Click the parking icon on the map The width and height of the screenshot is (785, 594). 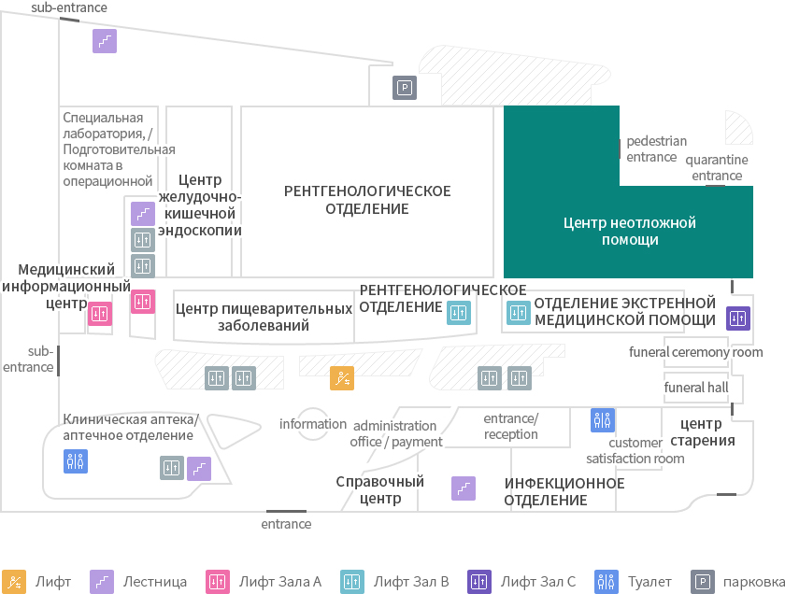coord(405,88)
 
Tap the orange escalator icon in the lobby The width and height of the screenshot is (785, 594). coord(342,378)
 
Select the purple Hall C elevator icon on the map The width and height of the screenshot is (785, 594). coord(738,318)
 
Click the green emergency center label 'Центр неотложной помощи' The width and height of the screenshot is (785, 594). coord(630,232)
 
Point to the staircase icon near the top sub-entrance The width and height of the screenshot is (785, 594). coord(105,41)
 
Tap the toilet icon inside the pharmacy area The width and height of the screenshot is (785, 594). coord(76,460)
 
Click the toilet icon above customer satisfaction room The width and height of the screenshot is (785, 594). coord(602,420)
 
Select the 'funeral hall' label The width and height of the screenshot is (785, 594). coord(696,388)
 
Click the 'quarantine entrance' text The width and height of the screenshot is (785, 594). coord(717,167)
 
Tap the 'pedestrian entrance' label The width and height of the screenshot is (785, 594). coord(656,149)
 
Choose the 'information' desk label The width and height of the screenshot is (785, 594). coord(313,424)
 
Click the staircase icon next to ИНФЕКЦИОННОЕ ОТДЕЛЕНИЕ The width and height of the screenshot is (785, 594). coord(464,488)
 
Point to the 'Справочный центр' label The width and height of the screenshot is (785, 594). coord(380,490)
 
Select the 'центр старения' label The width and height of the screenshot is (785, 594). coord(703,431)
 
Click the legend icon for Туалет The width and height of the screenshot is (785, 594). coord(607,582)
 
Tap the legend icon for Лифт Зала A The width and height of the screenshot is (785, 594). coord(218,582)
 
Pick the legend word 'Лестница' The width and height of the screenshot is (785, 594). coord(155,582)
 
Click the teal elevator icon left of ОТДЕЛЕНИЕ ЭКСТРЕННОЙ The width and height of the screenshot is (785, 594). coord(518,313)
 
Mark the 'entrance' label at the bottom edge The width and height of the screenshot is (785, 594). coord(286,524)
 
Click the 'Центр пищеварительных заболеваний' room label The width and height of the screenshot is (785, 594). coord(264,317)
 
